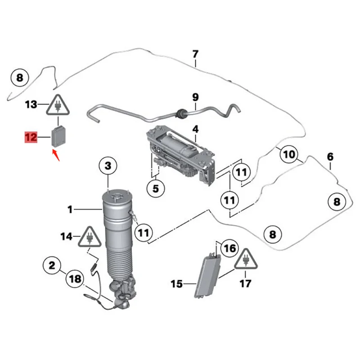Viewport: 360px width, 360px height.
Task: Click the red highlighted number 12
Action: pyautogui.click(x=31, y=137)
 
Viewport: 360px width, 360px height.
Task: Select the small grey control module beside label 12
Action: pyautogui.click(x=58, y=136)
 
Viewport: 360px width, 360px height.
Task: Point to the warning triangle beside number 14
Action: pyautogui.click(x=90, y=236)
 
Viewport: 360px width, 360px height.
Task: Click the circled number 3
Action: pyautogui.click(x=108, y=167)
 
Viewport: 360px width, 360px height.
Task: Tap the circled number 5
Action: pyautogui.click(x=155, y=189)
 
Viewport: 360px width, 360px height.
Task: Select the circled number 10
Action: pyautogui.click(x=289, y=155)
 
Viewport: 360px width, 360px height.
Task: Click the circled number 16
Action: pyautogui.click(x=229, y=248)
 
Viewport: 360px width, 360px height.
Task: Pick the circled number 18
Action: pyautogui.click(x=76, y=279)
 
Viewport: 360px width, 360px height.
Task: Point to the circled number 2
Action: pyautogui.click(x=52, y=266)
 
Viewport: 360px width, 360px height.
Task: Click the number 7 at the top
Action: pyautogui.click(x=195, y=54)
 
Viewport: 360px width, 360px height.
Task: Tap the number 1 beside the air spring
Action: pyautogui.click(x=70, y=209)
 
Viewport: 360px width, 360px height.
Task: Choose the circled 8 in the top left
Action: pyautogui.click(x=19, y=78)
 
